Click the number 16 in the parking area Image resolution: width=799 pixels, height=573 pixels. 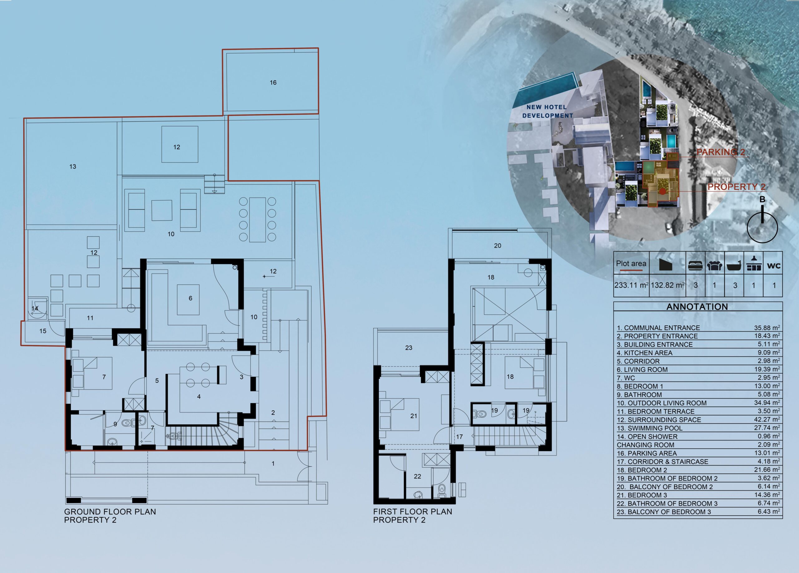point(273,82)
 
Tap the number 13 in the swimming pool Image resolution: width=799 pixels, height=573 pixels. point(73,167)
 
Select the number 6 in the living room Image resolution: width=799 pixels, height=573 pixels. point(190,298)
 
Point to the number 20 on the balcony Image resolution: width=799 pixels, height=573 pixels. point(498,245)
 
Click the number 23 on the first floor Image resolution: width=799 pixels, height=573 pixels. point(409,347)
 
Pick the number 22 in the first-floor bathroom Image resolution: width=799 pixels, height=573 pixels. point(418,476)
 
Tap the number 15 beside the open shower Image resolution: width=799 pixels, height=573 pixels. point(43,331)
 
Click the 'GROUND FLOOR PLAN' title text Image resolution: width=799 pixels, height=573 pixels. point(110,512)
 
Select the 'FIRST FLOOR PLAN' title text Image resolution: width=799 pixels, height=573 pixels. point(413,512)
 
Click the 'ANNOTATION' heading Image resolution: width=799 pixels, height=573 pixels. point(697,307)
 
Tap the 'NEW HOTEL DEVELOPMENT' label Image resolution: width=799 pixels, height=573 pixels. point(547,111)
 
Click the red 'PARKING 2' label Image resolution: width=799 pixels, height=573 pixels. point(721,152)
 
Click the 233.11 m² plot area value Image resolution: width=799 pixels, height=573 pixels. point(631,285)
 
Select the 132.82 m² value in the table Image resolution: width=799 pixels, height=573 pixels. point(667,285)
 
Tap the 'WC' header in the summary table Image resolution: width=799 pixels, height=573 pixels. point(774,266)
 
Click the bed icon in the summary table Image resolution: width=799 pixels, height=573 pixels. point(695,266)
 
